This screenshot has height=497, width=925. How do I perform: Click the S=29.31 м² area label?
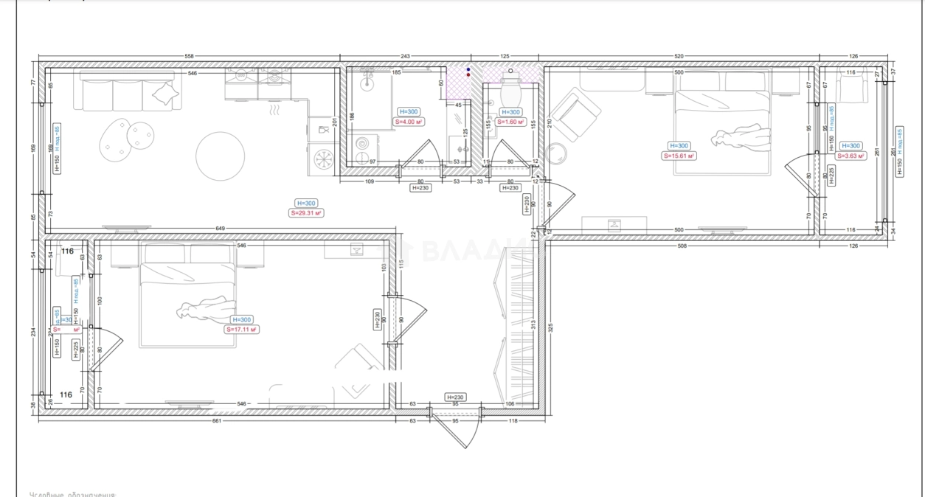click(x=306, y=213)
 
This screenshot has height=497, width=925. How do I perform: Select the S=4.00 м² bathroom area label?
click(x=408, y=122)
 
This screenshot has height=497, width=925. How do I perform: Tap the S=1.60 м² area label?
click(x=510, y=122)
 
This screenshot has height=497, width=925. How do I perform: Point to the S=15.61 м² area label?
click(x=679, y=156)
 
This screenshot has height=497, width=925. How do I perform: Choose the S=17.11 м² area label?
click(x=241, y=330)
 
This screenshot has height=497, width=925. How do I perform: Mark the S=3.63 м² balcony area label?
click(x=850, y=156)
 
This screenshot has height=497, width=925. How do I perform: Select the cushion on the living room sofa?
click(x=166, y=94)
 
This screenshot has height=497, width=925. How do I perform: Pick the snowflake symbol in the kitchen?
click(x=322, y=159)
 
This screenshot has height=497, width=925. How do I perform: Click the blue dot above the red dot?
click(x=468, y=69)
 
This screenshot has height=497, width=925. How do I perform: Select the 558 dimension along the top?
click(x=189, y=57)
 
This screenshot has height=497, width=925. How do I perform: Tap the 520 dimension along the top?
click(x=679, y=57)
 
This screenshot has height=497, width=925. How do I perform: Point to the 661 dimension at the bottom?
click(x=216, y=422)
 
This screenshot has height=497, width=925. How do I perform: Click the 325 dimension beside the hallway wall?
click(x=551, y=325)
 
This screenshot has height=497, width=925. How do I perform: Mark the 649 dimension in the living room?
click(x=220, y=229)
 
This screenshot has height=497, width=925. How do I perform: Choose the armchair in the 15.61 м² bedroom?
click(x=576, y=114)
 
